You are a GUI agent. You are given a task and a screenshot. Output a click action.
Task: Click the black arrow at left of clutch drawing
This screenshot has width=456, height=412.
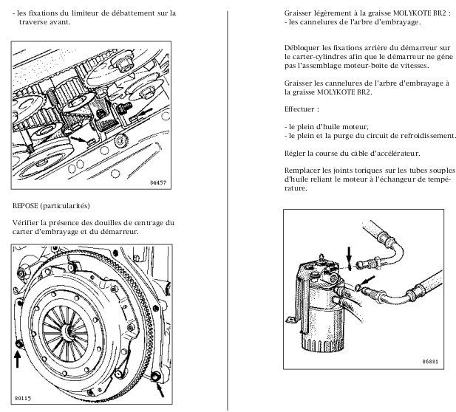[19, 358]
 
